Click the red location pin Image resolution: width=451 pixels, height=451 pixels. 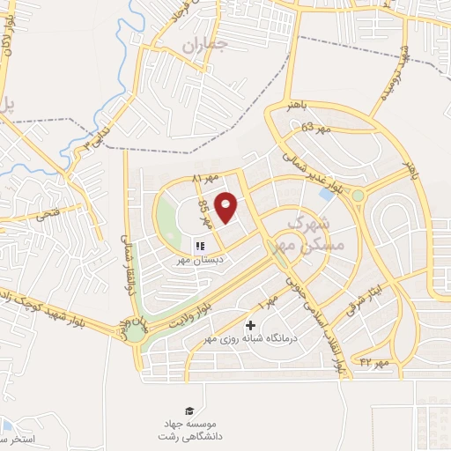click(227, 206)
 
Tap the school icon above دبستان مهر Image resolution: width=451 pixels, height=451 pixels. click(200, 246)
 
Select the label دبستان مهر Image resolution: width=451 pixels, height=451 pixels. click(199, 261)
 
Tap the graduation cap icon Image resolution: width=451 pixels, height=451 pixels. click(189, 410)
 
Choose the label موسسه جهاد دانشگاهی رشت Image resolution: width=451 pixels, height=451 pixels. click(189, 430)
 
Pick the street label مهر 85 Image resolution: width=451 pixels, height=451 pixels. click(205, 212)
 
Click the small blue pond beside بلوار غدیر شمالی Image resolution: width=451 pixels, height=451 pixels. click(325, 194)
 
